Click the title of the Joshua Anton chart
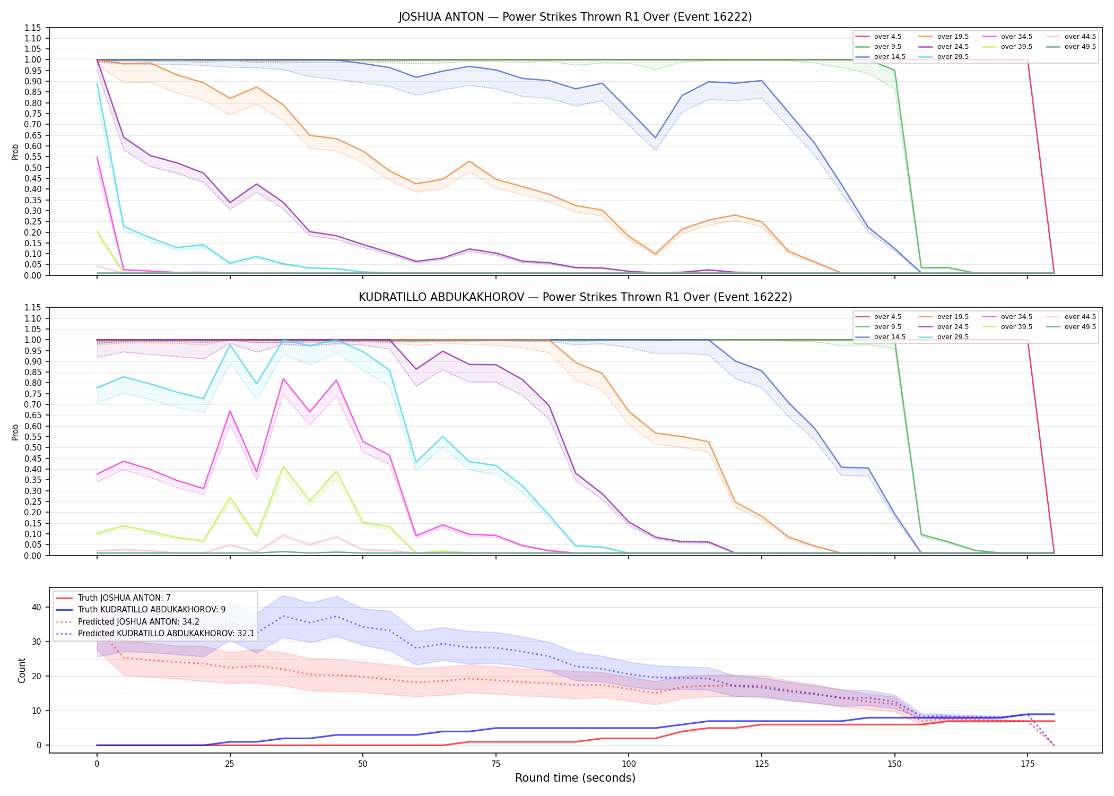[575, 17]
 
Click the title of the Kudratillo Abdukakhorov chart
[575, 297]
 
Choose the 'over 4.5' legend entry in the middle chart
[878, 317]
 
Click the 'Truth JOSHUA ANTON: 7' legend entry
[113, 598]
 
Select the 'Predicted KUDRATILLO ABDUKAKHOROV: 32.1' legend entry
[155, 634]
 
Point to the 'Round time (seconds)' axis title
[575, 778]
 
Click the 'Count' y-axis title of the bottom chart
[22, 670]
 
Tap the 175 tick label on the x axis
[1028, 764]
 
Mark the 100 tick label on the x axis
[629, 764]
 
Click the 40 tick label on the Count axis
[36, 607]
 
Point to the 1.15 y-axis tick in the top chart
[33, 28]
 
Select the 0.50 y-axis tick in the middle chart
[33, 448]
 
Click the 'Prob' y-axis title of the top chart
[15, 152]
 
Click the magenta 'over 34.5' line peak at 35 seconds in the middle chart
[283, 378]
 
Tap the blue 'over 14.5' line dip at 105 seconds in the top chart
[655, 138]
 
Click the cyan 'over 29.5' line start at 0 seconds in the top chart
[97, 83]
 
